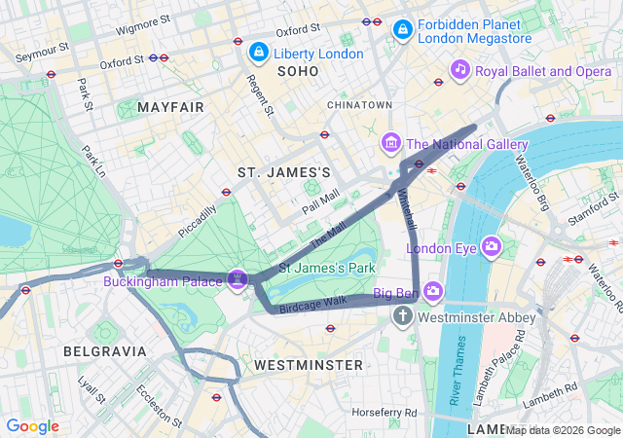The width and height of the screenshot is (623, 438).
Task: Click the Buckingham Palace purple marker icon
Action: click(237, 280)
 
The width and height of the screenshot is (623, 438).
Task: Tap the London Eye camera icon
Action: click(491, 247)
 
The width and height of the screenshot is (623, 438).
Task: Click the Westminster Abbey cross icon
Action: click(403, 317)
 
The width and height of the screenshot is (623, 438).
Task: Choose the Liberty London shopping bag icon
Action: click(259, 52)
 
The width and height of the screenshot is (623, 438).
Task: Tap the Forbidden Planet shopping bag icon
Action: click(401, 32)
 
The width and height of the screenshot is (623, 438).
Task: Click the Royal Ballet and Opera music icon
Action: click(459, 70)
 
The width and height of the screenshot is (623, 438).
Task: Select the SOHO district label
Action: click(298, 72)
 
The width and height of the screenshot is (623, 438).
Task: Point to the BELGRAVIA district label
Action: click(105, 350)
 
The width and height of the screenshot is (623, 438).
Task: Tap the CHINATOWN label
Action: click(359, 104)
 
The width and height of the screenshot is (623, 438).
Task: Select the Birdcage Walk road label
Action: click(313, 303)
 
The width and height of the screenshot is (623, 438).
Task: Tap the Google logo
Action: click(33, 426)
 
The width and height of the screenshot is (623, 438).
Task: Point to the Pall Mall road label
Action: click(320, 201)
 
